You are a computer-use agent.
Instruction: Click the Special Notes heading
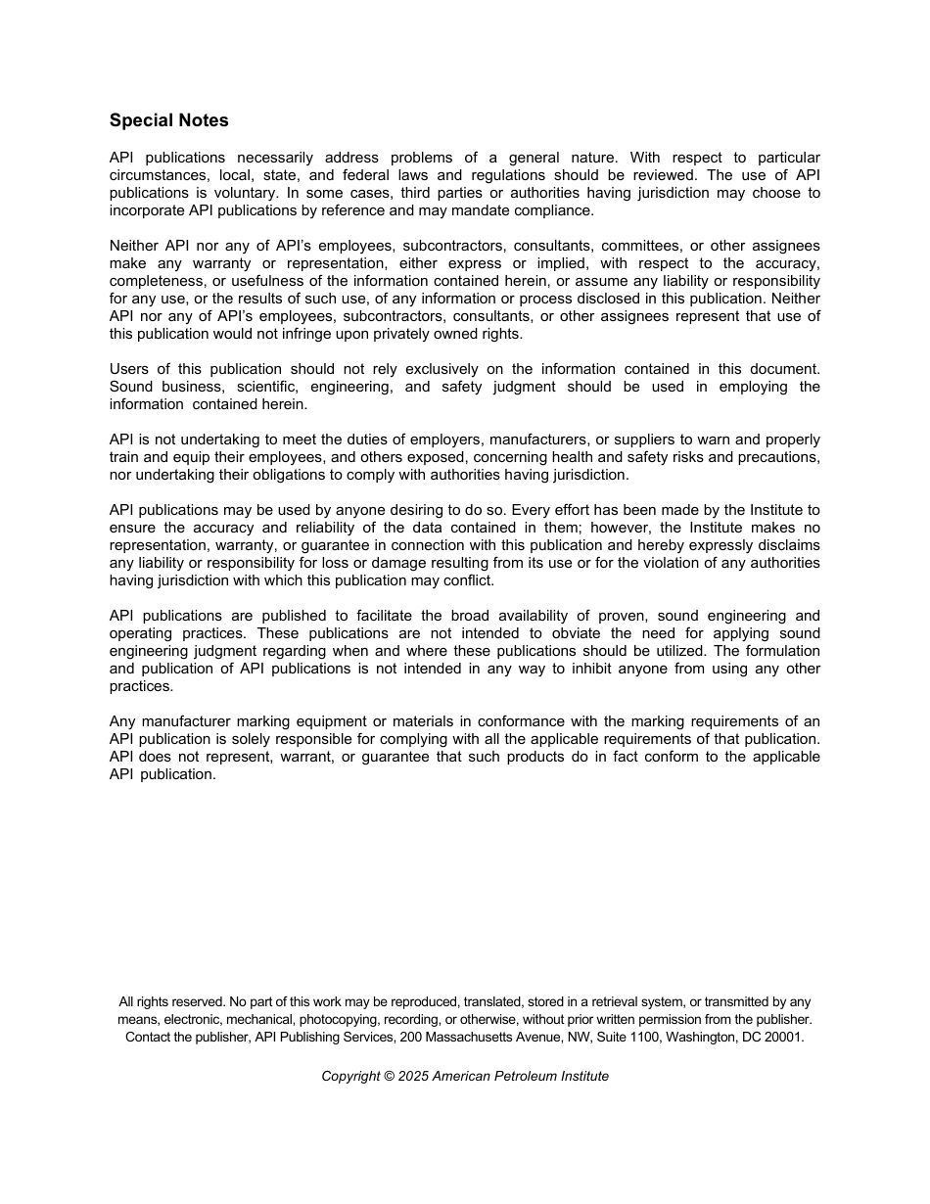[169, 120]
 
